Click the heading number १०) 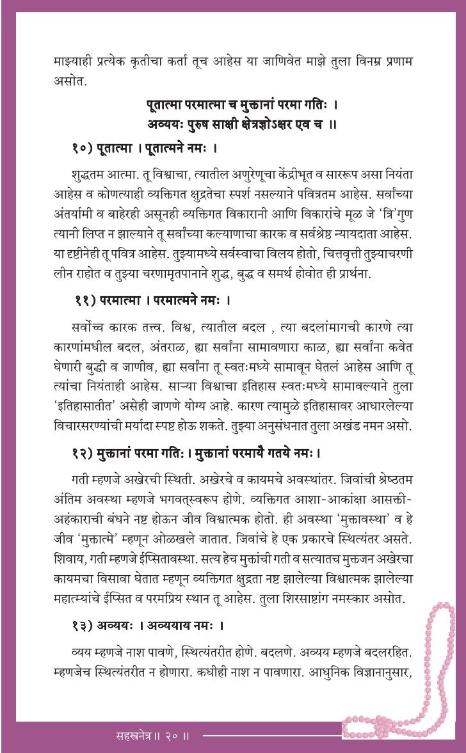83,149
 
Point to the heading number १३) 83,624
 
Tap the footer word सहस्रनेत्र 131,736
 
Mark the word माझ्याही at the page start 76,63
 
